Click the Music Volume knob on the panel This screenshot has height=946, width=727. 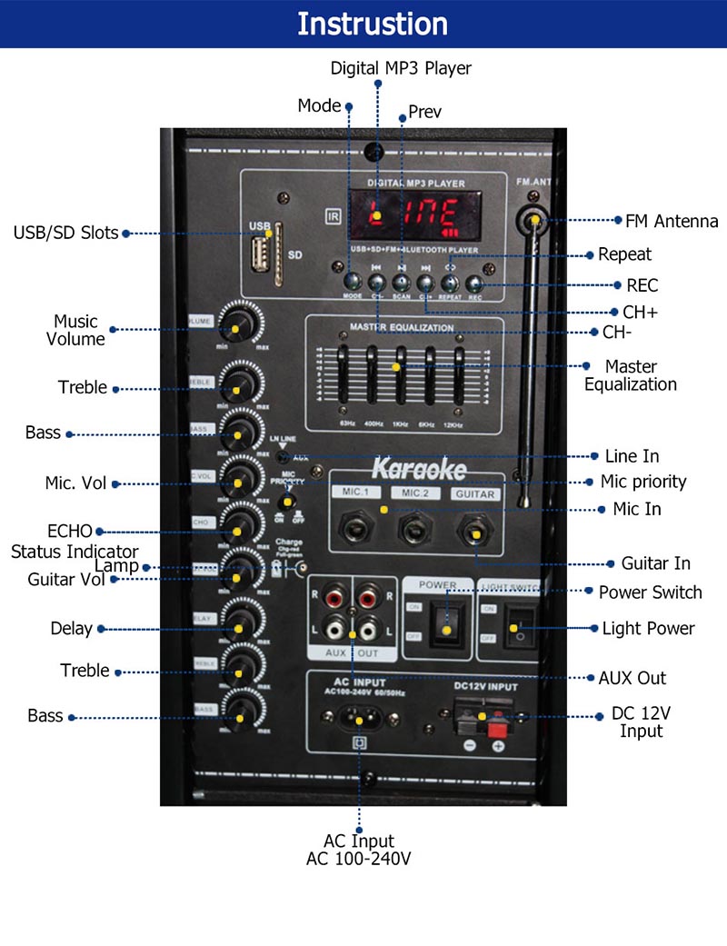(239, 323)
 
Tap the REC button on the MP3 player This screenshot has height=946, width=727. (474, 285)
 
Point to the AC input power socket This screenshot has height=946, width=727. (359, 718)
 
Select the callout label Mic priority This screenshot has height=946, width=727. (643, 482)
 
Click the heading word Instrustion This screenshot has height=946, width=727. (373, 24)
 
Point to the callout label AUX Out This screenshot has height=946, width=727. (632, 678)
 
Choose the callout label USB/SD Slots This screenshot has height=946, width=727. (65, 233)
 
